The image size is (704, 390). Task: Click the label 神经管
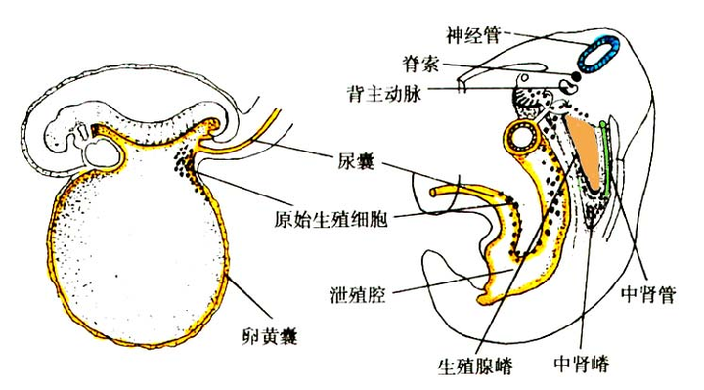tap(473, 35)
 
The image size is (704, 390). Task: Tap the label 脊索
tap(420, 65)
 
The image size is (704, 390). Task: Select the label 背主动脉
tap(384, 94)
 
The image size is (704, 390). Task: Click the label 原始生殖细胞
tap(330, 220)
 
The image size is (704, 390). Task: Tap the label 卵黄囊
tap(270, 336)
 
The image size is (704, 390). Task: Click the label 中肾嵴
tap(582, 363)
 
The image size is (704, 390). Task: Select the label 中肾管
tap(648, 294)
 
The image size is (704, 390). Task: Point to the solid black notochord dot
tap(575, 77)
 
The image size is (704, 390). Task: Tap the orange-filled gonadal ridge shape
tap(586, 151)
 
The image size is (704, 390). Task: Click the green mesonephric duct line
tap(605, 157)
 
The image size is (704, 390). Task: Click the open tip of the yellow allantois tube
tap(433, 193)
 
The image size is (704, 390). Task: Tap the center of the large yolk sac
tap(137, 251)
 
